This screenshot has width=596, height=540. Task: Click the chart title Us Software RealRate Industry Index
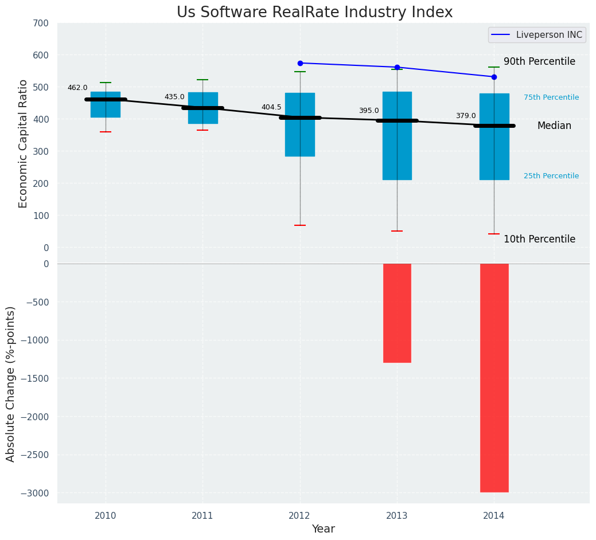point(314,13)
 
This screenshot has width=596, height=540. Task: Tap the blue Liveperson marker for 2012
point(300,63)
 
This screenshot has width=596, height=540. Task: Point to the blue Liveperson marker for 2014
point(494,77)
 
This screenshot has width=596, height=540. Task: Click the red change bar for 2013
point(397,313)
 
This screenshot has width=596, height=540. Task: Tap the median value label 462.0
point(77,88)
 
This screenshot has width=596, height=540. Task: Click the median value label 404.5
point(271,108)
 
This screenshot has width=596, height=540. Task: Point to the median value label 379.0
point(466,116)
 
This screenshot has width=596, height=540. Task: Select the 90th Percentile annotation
point(539,62)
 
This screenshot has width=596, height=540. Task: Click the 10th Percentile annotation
point(539,240)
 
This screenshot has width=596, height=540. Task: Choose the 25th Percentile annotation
point(551,177)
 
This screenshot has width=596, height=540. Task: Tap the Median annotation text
point(554,126)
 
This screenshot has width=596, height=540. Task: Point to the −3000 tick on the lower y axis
point(34,494)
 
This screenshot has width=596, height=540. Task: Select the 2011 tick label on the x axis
point(202,516)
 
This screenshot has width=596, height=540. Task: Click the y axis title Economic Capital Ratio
point(24,135)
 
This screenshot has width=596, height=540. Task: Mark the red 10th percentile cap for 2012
point(300,225)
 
